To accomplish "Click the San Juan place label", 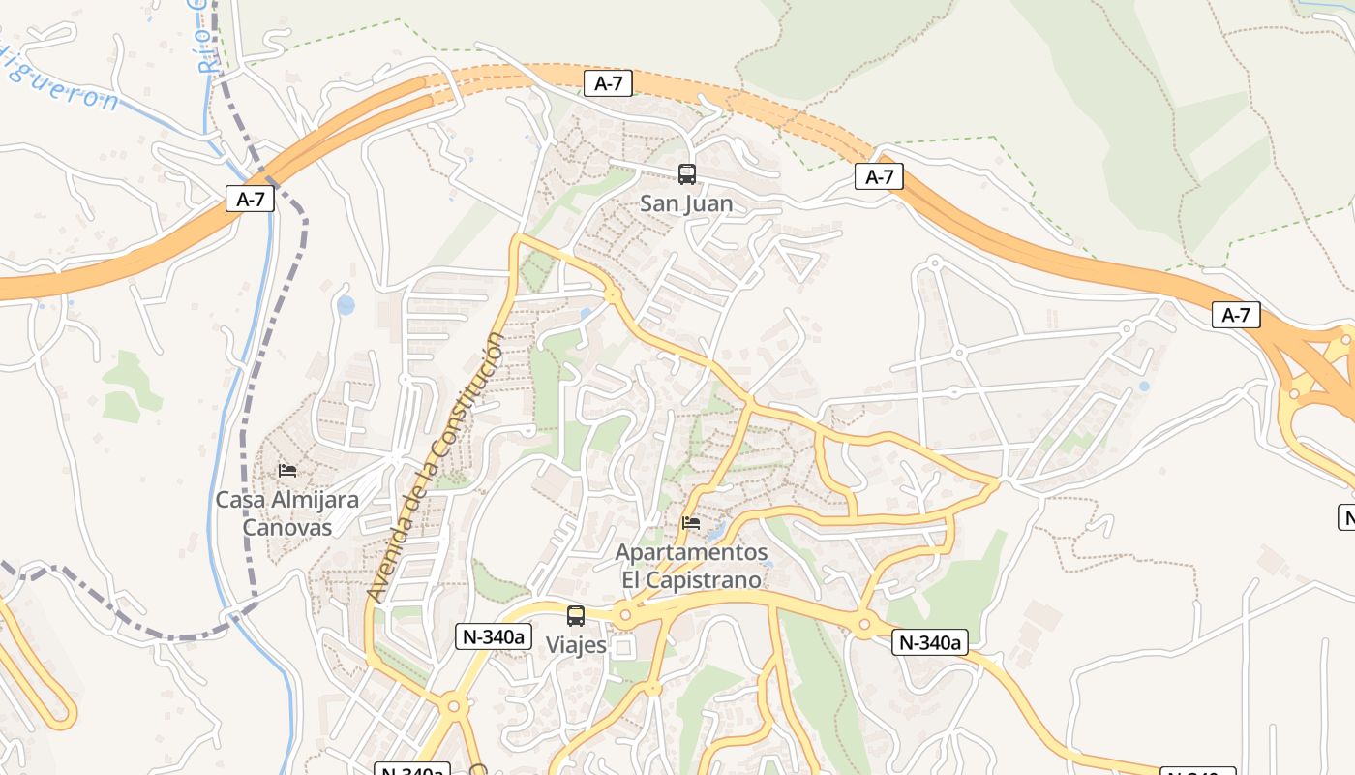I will pos(686,204).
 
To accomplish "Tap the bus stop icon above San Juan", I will pos(686,174).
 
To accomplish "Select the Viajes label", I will pos(576,645).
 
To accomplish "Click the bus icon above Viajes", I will pos(576,616).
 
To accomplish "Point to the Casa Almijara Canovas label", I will pos(286,513).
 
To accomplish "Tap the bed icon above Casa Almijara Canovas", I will pos(286,471).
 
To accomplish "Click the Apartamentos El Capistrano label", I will pos(691,566).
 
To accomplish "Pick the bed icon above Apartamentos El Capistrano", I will pos(690,523).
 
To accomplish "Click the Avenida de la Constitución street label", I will pos(437,467).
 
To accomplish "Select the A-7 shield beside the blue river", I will pos(250,200).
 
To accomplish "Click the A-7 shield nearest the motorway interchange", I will pos(1236,315).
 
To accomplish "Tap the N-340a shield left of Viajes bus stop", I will pos(494,636).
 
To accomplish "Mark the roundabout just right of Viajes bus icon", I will pos(625,614).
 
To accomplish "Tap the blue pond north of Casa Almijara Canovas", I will pos(346,306).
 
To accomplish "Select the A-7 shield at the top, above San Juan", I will pos(608,84).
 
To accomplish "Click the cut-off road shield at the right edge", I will pos(1346,517).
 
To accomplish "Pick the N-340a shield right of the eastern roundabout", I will pos(929,642).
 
